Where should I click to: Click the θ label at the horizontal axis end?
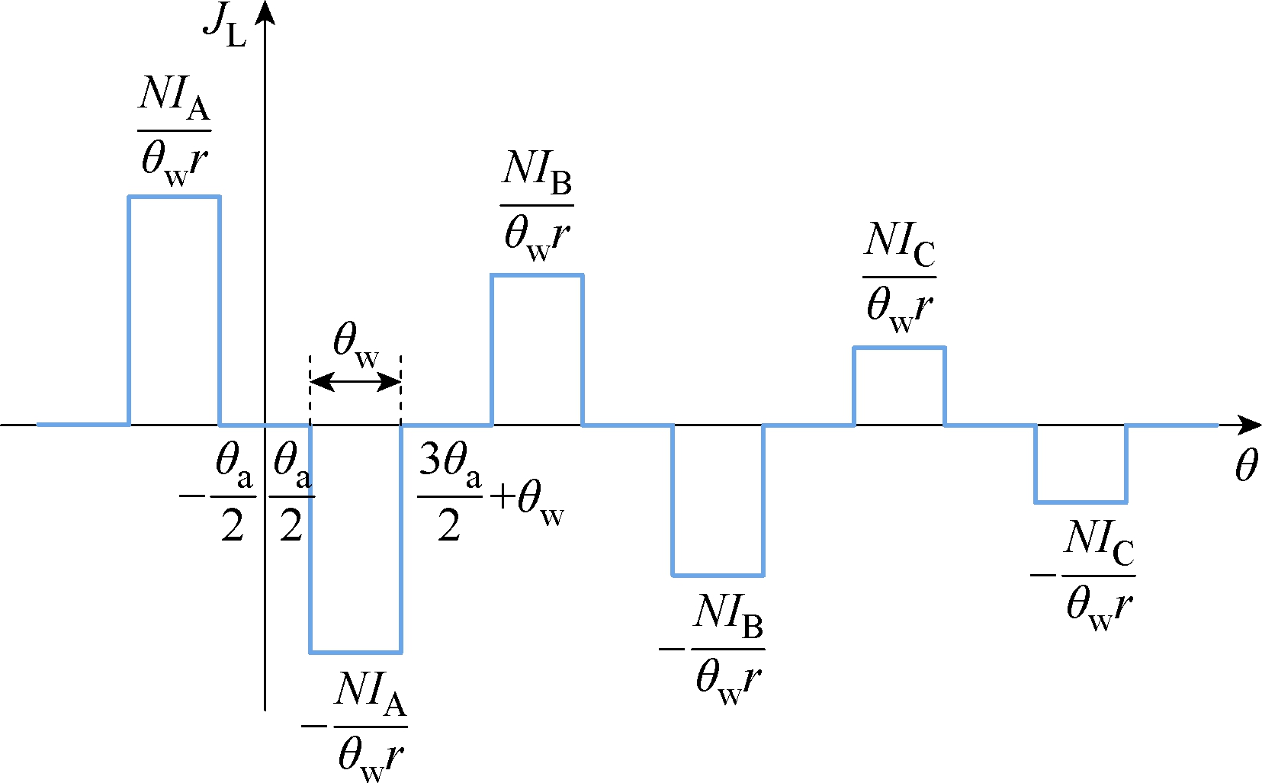pyautogui.click(x=1246, y=466)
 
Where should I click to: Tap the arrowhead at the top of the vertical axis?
pyautogui.click(x=265, y=12)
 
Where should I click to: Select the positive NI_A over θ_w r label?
pyautogui.click(x=174, y=130)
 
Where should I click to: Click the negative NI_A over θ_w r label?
pyautogui.click(x=355, y=727)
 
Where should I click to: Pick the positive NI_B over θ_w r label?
pyautogui.click(x=537, y=206)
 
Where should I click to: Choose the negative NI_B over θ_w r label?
pyautogui.click(x=712, y=650)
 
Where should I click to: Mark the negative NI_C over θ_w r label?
pyautogui.click(x=1083, y=576)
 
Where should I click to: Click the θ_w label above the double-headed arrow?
pyautogui.click(x=356, y=345)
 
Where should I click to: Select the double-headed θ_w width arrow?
pyautogui.click(x=355, y=383)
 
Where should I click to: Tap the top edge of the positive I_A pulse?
pyautogui.click(x=174, y=197)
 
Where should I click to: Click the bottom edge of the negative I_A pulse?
pyautogui.click(x=355, y=653)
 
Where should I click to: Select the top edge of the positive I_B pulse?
pyautogui.click(x=537, y=275)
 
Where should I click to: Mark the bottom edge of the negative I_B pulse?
pyautogui.click(x=718, y=575)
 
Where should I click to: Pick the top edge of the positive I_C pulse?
pyautogui.click(x=899, y=348)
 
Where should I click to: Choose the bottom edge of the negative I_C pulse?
pyautogui.click(x=1081, y=502)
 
